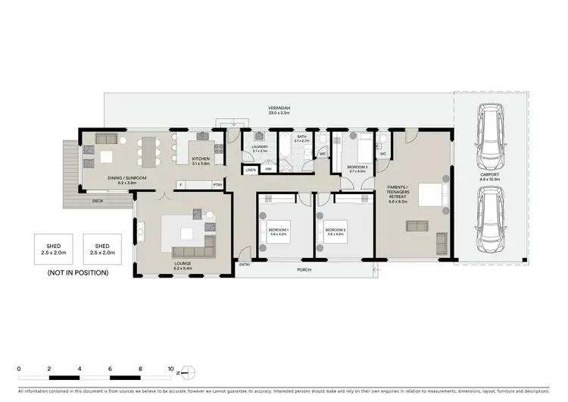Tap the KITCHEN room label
200,160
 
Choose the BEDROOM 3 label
357,168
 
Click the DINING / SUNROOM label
126,180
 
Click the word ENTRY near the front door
245,265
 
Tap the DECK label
98,201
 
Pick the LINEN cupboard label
251,171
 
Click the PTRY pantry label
218,184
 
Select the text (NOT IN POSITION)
77,272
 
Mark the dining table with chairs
148,152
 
